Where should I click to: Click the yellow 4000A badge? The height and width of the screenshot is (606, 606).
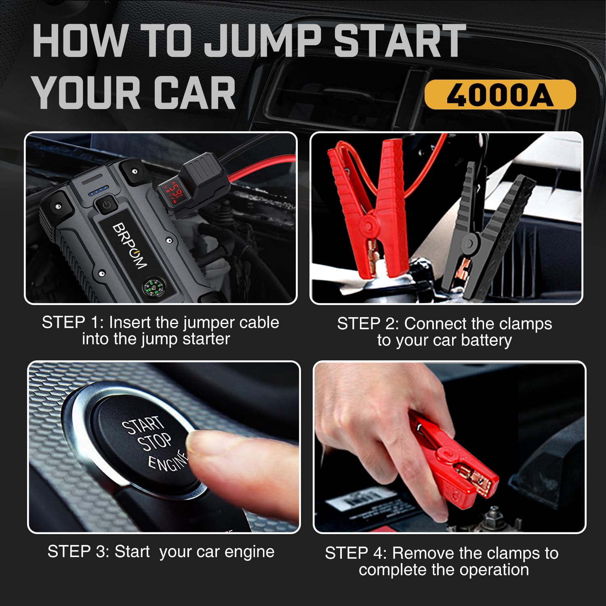[500, 95]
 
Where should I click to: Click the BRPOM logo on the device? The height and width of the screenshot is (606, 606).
[129, 245]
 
